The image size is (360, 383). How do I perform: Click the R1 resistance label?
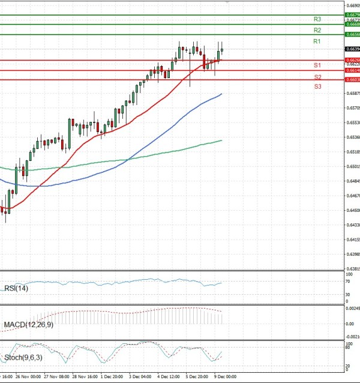point(317,41)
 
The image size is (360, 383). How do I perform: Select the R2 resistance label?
point(317,30)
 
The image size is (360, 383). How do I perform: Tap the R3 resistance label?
point(317,19)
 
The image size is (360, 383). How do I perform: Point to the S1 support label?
point(317,65)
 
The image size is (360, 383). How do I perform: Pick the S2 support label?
point(317,77)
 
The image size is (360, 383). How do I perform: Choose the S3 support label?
point(317,86)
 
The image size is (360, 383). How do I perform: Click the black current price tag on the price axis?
point(352,49)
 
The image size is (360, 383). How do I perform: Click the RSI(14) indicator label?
point(16,288)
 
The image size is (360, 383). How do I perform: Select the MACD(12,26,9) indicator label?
point(29,325)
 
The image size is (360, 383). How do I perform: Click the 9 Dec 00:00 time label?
point(226,377)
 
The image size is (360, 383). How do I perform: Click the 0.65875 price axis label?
point(352,94)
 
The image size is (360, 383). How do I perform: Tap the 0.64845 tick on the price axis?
point(352,181)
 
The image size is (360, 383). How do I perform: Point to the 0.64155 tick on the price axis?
point(352,240)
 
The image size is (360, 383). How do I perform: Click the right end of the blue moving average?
point(222,94)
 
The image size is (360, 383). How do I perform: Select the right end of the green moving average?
point(222,140)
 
